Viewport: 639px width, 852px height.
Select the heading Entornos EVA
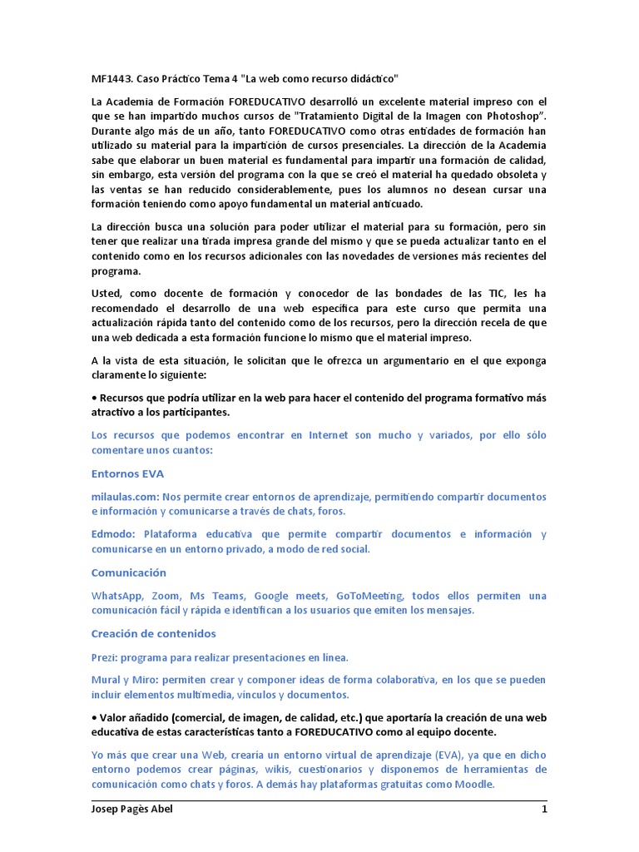click(127, 473)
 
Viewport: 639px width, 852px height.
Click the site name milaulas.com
click(124, 497)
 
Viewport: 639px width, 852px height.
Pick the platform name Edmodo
click(113, 534)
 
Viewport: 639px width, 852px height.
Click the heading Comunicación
click(129, 572)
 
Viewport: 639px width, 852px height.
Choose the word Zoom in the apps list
click(165, 596)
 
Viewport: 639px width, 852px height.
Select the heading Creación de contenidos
click(153, 633)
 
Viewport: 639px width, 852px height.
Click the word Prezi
click(104, 657)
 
